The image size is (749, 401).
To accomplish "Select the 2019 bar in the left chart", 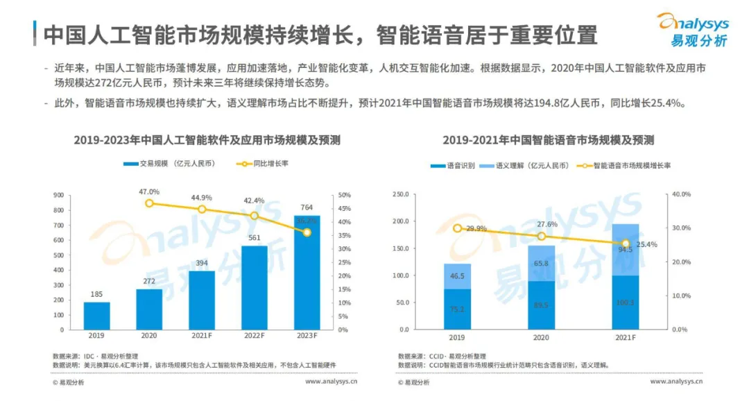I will click(97, 316).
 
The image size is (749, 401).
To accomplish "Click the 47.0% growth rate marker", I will click(150, 203).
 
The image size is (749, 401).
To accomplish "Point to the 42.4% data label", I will click(254, 200).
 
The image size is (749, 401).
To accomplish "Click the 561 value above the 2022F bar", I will click(254, 238).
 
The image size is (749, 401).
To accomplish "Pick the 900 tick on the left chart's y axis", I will click(58, 195).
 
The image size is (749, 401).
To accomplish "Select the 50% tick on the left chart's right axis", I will click(344, 195).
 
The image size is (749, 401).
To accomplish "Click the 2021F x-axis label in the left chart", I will click(202, 336).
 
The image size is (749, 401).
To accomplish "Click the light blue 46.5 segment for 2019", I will click(458, 276).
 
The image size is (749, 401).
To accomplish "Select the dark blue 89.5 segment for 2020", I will click(542, 305).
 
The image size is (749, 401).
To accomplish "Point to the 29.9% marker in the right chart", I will click(458, 228).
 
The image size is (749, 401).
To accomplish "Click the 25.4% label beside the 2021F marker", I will click(646, 244).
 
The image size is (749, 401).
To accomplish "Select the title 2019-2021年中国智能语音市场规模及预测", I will click(548, 140).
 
